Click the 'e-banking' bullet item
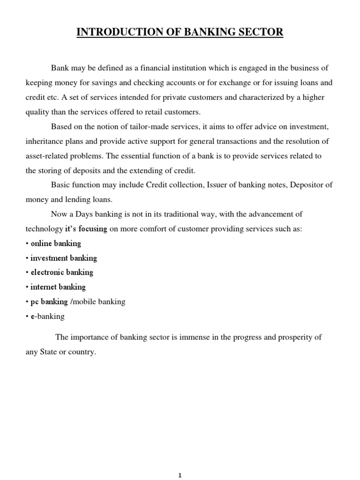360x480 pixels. (x=47, y=316)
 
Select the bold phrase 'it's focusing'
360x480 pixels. (x=86, y=229)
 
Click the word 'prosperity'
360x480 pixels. (x=292, y=337)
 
